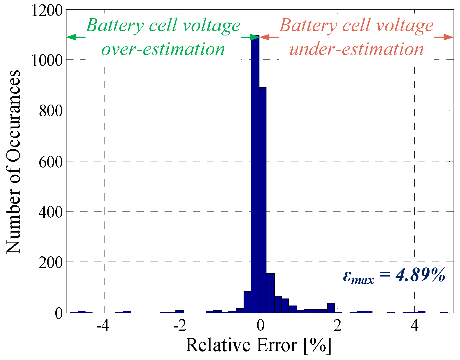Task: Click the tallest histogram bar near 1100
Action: tap(255, 176)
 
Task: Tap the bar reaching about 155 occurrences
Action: tap(270, 293)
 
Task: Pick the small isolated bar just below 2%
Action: tap(331, 308)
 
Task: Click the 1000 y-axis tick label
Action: tap(47, 60)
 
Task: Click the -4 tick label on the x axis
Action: tap(103, 325)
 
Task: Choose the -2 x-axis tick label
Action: tap(180, 325)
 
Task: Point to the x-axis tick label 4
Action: tap(415, 325)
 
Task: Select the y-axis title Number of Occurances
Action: tap(13, 161)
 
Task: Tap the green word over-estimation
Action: tap(163, 49)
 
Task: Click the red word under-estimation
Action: tap(356, 49)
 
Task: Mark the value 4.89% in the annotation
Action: tap(420, 275)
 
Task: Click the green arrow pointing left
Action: tap(76, 37)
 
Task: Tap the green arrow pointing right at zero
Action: tap(250, 37)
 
